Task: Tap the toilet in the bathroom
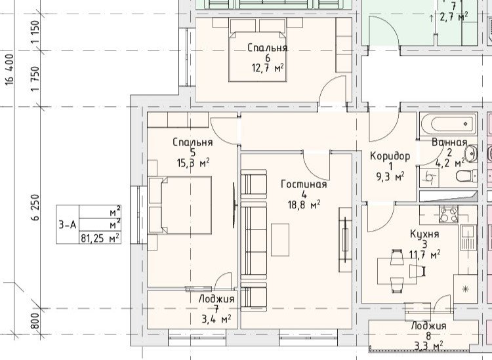click(x=466, y=176)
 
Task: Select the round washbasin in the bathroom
click(x=471, y=153)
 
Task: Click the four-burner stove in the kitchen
click(x=449, y=214)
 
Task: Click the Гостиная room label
click(x=304, y=184)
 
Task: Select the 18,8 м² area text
click(x=304, y=205)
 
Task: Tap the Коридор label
click(x=390, y=156)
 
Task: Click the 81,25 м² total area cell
click(x=100, y=238)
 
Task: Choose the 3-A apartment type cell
click(x=68, y=224)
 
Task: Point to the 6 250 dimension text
click(x=36, y=208)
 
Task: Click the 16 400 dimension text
click(x=9, y=70)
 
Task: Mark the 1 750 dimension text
click(x=36, y=79)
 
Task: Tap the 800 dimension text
click(x=36, y=321)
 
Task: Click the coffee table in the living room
click(x=280, y=239)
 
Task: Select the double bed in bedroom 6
click(x=258, y=56)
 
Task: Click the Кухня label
click(x=424, y=234)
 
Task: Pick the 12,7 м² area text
click(x=268, y=68)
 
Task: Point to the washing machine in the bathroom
click(x=429, y=178)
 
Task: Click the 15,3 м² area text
click(x=193, y=163)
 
